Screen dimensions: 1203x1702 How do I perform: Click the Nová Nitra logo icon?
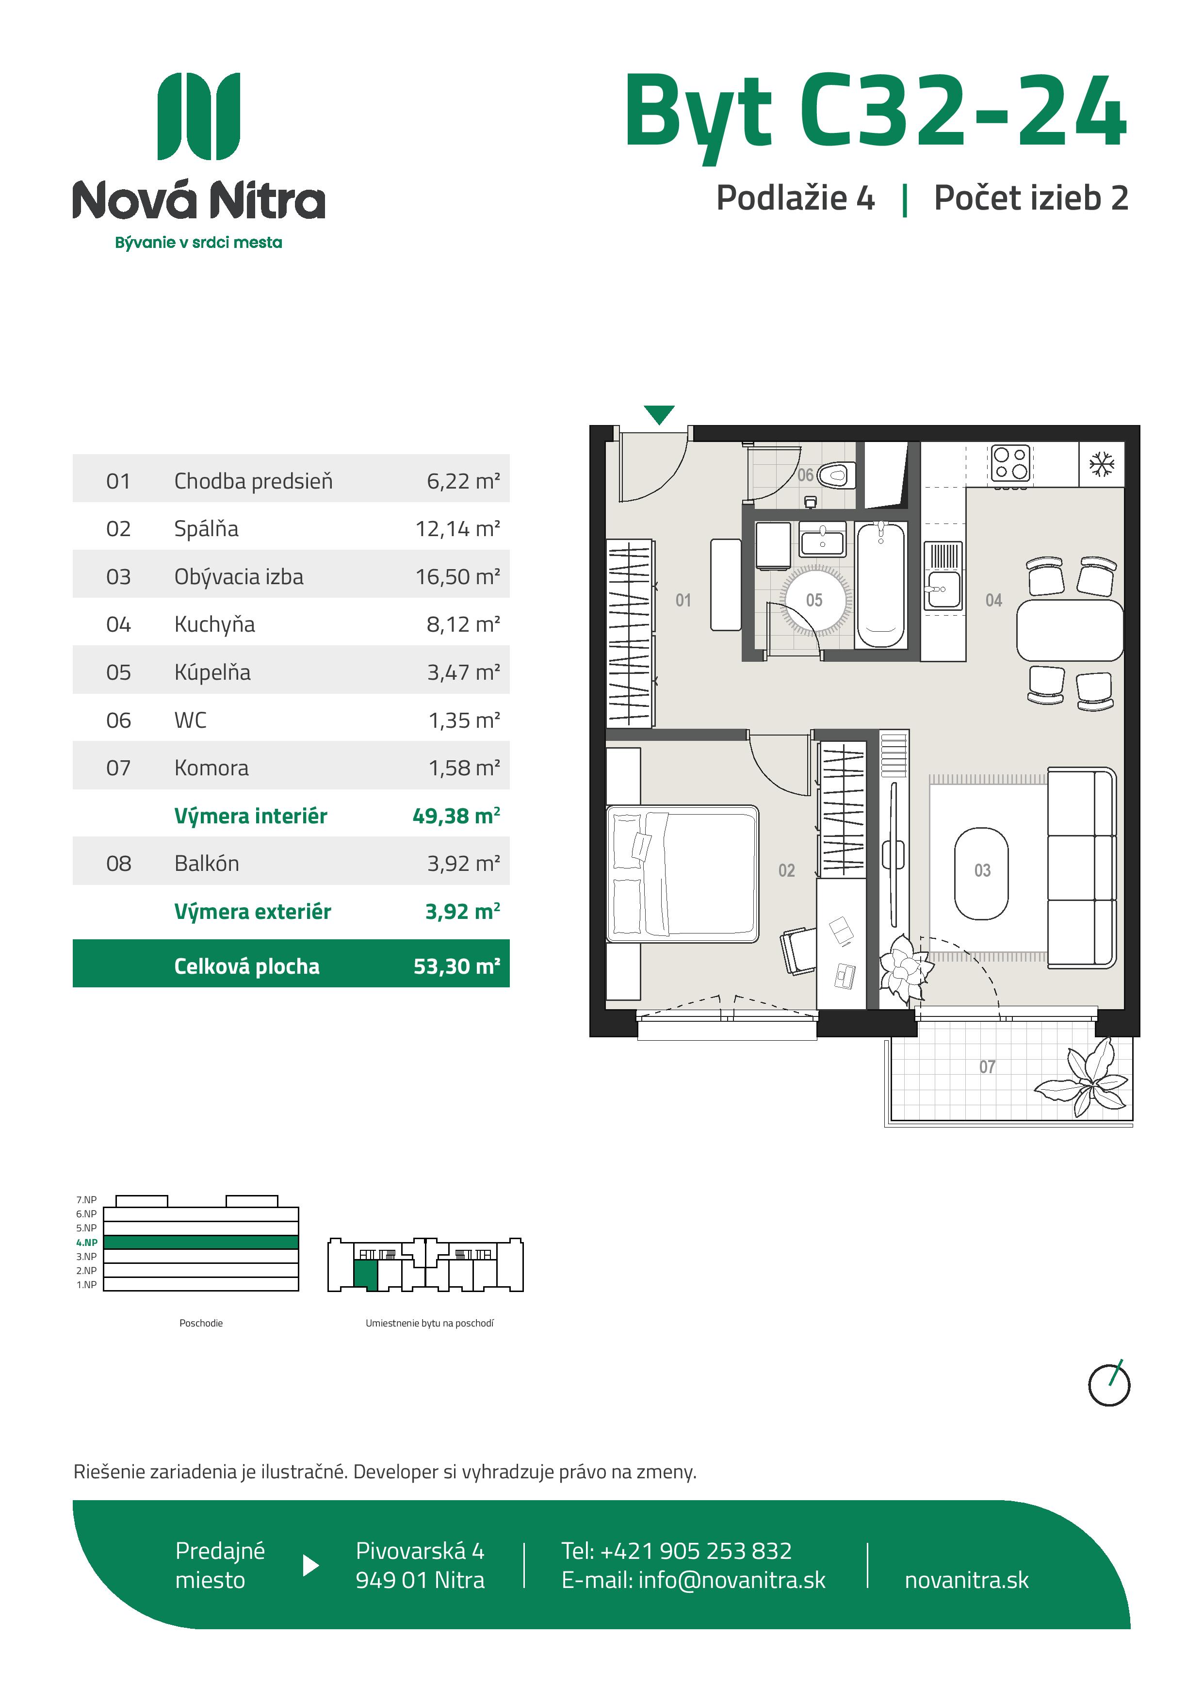199,116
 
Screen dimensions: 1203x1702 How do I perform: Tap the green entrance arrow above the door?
659,414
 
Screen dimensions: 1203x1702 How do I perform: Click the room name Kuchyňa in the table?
214,624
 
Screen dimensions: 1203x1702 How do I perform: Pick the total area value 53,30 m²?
456,966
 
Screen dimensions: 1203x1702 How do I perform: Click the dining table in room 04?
1070,630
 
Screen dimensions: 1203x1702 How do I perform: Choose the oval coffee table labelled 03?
981,873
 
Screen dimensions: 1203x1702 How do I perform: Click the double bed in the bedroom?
682,874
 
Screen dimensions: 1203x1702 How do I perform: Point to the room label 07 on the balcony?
987,1067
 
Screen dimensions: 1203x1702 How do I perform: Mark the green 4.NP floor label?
87,1243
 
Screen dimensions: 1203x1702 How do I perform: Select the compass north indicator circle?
1109,1385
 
